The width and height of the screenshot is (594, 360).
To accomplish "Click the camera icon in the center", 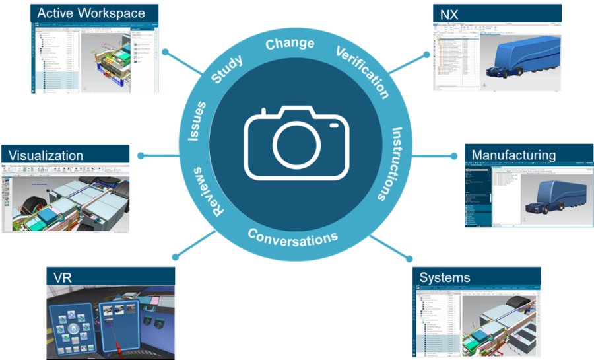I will tap(296, 142).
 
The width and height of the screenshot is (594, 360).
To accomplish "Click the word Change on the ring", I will tap(290, 44).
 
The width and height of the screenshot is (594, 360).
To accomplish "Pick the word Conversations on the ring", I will tap(292, 236).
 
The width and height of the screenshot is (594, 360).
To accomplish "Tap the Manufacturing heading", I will tap(513, 155).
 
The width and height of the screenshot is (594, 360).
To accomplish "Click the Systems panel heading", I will tap(445, 277).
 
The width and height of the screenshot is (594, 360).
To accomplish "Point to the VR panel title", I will tap(63, 277).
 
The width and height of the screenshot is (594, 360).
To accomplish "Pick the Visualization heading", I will tap(46, 155).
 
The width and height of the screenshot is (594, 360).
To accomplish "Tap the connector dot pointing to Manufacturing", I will tap(453, 156).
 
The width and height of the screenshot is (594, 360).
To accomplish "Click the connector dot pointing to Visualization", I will tap(140, 156).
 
